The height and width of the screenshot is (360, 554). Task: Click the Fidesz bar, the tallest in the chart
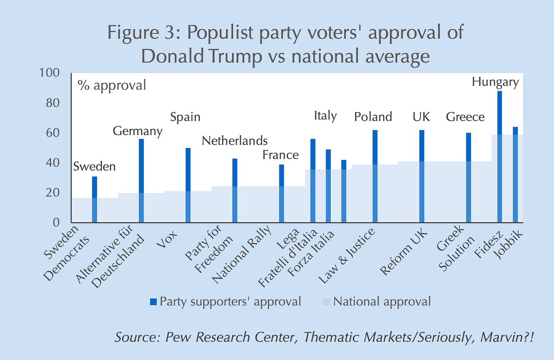click(500, 156)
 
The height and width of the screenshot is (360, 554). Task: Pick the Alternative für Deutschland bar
click(141, 180)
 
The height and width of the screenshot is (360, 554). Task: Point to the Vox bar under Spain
click(188, 185)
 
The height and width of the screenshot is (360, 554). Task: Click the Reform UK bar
click(422, 176)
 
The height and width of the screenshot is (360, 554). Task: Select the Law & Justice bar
click(375, 176)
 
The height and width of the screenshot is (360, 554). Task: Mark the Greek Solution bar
click(468, 177)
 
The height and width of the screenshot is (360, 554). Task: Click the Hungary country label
click(495, 82)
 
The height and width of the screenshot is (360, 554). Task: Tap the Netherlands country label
click(234, 141)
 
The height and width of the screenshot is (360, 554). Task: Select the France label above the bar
click(280, 155)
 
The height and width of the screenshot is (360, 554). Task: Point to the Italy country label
click(325, 115)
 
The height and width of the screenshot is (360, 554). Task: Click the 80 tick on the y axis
click(53, 103)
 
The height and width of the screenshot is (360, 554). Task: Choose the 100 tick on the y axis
click(50, 73)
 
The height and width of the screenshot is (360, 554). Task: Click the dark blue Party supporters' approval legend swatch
click(153, 302)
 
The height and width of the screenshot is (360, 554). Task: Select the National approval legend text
click(382, 301)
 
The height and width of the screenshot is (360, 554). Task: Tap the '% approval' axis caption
click(111, 85)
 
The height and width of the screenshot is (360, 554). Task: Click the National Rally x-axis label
click(242, 255)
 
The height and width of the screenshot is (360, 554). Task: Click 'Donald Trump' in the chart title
click(201, 56)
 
